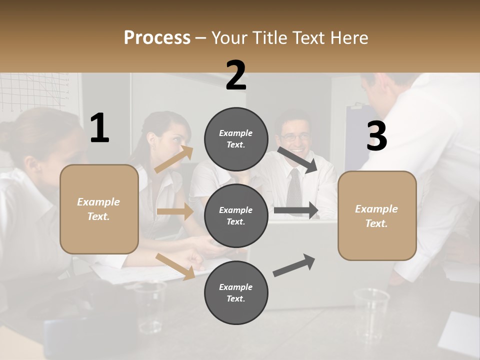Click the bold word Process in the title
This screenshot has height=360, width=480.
pos(157,38)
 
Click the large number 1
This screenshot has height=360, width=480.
pos(99,128)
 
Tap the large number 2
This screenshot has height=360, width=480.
pos(236,75)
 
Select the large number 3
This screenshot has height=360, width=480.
pos(376,136)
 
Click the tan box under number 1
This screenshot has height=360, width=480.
pos(99,209)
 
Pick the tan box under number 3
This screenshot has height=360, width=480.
pos(377,215)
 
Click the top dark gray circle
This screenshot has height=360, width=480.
pos(236,139)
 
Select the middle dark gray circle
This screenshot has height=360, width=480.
pos(236,215)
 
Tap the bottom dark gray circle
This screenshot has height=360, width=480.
pos(236,292)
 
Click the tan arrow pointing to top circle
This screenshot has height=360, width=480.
pos(174,159)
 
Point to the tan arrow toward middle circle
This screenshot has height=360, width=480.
pos(175,211)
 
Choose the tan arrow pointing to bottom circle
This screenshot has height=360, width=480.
pos(175,266)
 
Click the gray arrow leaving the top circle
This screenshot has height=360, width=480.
pos(297,159)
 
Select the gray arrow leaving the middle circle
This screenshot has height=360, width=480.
pos(296,210)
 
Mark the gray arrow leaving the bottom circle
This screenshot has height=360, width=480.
pos(294,265)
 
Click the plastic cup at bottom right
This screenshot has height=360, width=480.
pos(371,308)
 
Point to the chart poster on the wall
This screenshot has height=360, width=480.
pos(35,92)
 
